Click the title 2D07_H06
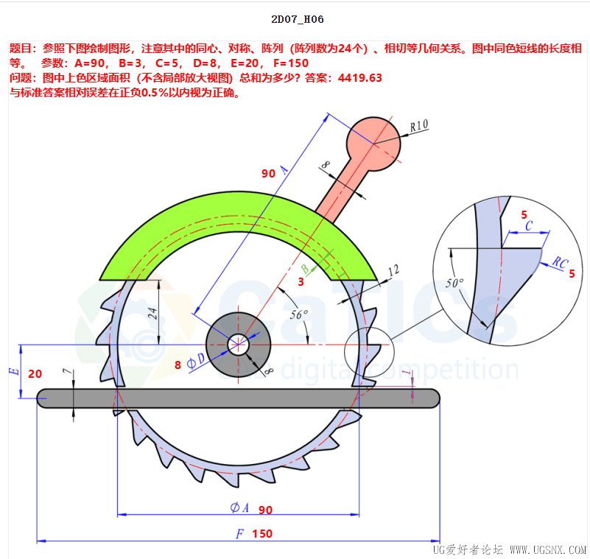coord(298,19)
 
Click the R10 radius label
coord(419,125)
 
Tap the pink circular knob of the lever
coord(373,144)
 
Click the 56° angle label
coord(299,314)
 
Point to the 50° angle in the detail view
coord(454,283)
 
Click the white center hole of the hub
coord(238,344)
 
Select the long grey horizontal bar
coord(238,398)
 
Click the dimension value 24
coord(152,313)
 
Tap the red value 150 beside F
coord(262,533)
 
